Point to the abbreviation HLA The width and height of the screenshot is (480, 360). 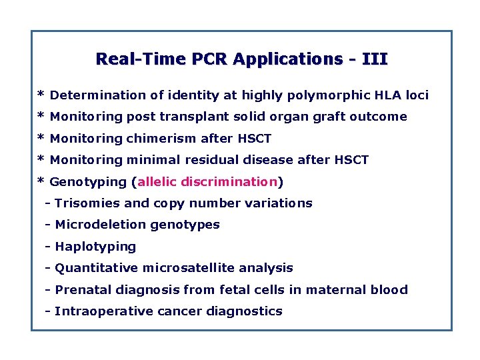(x=375, y=95)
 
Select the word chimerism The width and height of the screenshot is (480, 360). (x=162, y=139)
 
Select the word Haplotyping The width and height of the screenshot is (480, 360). (x=95, y=247)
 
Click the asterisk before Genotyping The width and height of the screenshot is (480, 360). (x=41, y=182)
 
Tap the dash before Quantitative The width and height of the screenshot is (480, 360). (x=48, y=268)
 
